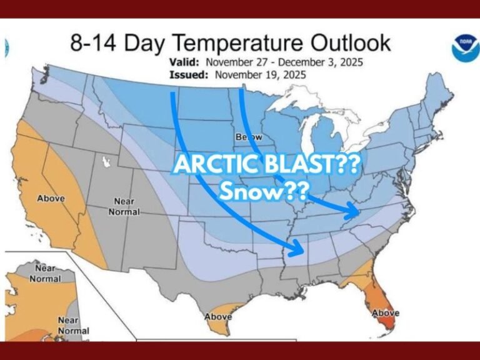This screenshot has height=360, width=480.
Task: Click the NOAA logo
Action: click(x=463, y=48)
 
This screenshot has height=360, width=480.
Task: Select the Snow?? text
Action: click(x=262, y=190)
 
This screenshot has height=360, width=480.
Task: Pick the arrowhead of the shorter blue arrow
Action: click(x=356, y=213)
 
